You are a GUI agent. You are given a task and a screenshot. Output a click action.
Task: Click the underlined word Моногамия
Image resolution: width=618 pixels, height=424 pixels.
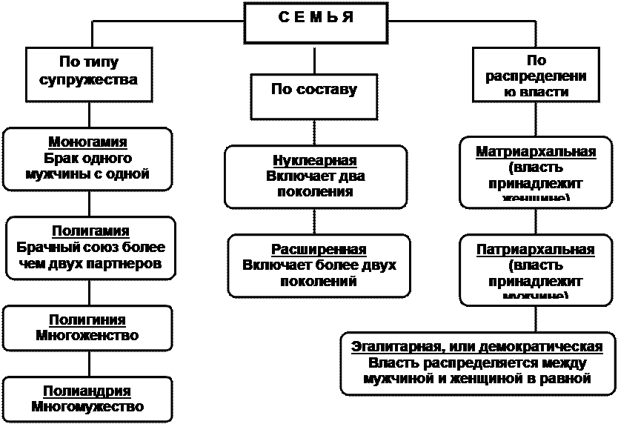(x=87, y=142)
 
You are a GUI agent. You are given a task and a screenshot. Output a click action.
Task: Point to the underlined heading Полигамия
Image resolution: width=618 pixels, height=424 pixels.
(x=90, y=231)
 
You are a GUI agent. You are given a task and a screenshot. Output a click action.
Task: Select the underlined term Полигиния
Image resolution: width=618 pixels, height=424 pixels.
(x=87, y=320)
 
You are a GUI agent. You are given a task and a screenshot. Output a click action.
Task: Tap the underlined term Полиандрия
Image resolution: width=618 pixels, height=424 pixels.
(x=87, y=391)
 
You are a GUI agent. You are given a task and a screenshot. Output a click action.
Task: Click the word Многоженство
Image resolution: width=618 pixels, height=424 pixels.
(x=87, y=336)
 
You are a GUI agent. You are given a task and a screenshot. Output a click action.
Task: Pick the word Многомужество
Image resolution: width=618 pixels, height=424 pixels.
(x=87, y=407)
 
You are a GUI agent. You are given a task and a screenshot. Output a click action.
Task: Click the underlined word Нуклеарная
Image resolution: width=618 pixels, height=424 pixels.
(x=315, y=161)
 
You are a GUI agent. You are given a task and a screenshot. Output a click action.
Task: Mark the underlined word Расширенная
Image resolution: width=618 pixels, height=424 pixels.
(x=319, y=249)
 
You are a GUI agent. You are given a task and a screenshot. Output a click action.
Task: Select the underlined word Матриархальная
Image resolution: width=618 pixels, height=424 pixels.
(x=536, y=152)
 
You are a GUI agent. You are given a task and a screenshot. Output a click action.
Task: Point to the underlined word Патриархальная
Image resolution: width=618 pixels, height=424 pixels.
(x=535, y=249)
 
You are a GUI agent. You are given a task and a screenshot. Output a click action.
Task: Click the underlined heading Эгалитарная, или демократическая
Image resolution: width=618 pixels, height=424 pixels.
(x=477, y=347)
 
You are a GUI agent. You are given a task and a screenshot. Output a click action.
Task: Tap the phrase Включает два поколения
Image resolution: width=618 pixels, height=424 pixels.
(x=315, y=184)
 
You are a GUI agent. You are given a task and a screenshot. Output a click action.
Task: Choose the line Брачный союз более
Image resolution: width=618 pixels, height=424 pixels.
(x=90, y=248)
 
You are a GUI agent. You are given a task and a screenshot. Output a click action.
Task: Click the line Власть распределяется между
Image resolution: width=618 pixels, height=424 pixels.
(x=477, y=363)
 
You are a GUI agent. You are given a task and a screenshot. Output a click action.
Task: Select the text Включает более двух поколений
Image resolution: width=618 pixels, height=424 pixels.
(x=319, y=273)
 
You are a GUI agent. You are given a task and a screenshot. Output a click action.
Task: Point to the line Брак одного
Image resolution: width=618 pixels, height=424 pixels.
(x=87, y=159)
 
